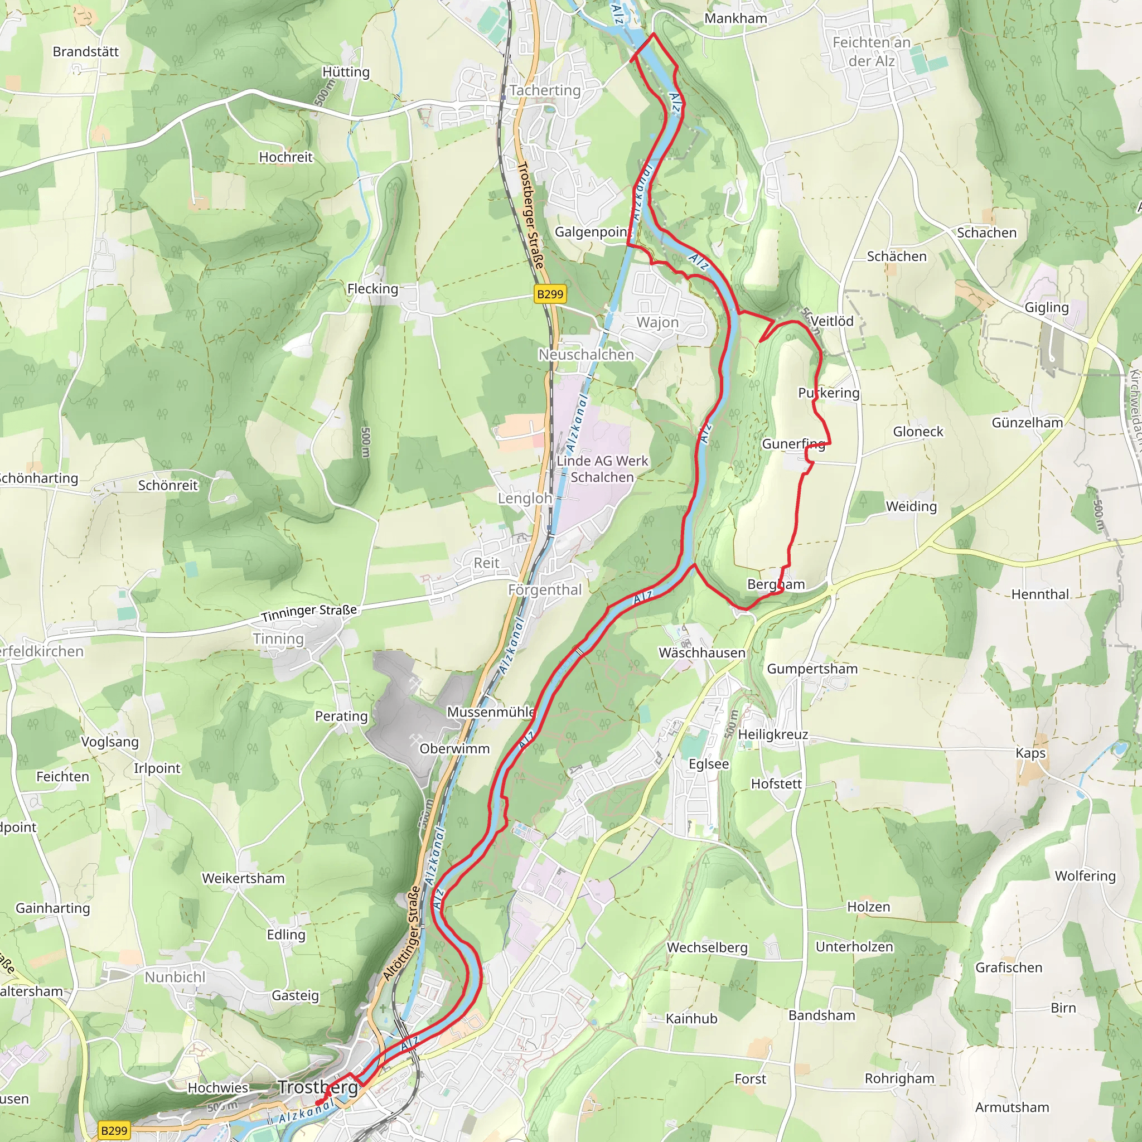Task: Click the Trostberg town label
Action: click(318, 1087)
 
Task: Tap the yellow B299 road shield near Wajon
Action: click(550, 294)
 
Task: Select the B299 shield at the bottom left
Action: click(114, 1130)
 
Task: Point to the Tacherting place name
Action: click(545, 90)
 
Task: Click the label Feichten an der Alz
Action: click(872, 51)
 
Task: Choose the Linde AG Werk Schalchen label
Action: click(602, 469)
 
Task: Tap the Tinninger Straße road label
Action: click(309, 612)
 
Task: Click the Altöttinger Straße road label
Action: click(401, 933)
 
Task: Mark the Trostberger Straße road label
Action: click(530, 215)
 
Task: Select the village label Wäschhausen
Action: click(701, 652)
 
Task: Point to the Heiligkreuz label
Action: click(772, 734)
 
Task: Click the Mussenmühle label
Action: click(491, 712)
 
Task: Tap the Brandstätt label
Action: click(86, 52)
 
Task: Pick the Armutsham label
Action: click(1012, 1107)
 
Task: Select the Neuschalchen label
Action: click(586, 355)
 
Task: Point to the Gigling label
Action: click(1046, 307)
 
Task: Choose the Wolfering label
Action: click(1085, 875)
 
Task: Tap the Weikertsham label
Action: click(243, 878)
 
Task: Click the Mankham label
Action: click(735, 18)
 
